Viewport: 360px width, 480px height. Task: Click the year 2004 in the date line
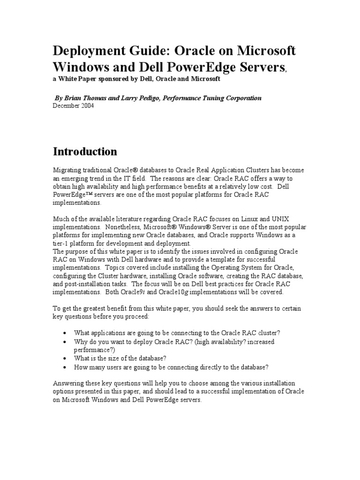coord(88,106)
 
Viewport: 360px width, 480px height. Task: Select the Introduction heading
coord(85,151)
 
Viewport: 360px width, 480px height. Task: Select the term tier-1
coord(61,244)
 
